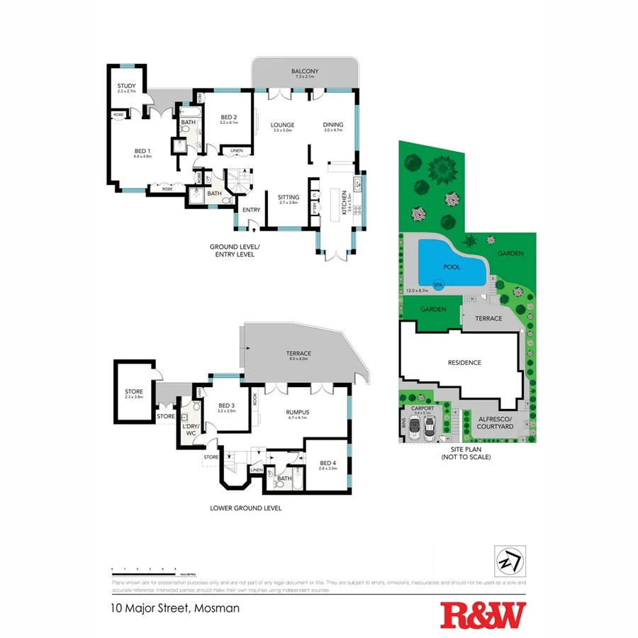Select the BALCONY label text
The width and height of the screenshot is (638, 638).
pyautogui.click(x=305, y=72)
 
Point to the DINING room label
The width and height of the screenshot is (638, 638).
pyautogui.click(x=332, y=125)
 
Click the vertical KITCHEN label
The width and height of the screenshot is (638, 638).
pyautogui.click(x=345, y=202)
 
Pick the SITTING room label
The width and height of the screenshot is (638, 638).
pyautogui.click(x=289, y=197)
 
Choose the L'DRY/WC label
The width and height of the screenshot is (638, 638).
pyautogui.click(x=191, y=428)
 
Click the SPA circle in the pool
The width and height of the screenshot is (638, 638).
pyautogui.click(x=438, y=285)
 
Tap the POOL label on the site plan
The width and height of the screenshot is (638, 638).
pyautogui.click(x=452, y=267)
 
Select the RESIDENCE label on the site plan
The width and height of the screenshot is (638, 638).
pyautogui.click(x=464, y=363)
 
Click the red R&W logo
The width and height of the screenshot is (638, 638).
pyautogui.click(x=483, y=615)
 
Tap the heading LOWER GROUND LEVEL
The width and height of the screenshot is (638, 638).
pyautogui.click(x=246, y=508)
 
